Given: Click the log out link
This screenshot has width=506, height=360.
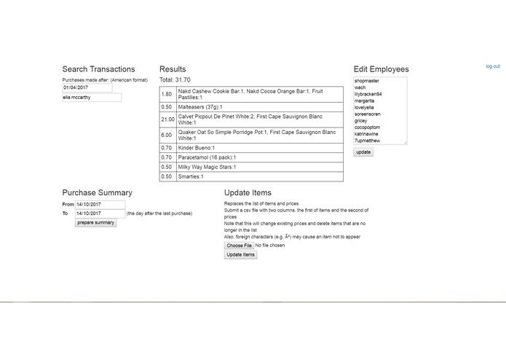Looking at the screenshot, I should click(492, 66).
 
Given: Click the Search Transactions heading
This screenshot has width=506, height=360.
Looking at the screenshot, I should click(98, 69).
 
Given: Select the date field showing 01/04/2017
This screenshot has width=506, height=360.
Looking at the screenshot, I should click(87, 87).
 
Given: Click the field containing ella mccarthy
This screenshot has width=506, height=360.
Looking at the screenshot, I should click(92, 97).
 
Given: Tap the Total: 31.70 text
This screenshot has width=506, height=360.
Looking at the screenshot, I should click(175, 79).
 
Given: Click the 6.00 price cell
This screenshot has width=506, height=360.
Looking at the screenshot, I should click(167, 136).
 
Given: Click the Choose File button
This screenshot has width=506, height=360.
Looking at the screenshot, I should click(239, 246).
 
